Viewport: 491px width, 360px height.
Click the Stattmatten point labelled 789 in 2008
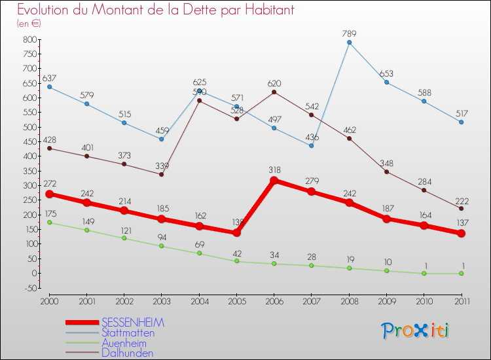[x=349, y=43]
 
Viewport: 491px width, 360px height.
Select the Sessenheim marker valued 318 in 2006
[x=274, y=180]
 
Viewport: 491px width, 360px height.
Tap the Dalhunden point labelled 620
[x=274, y=92]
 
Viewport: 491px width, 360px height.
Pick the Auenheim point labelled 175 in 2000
[x=49, y=223]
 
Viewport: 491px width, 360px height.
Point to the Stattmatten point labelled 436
[x=312, y=145]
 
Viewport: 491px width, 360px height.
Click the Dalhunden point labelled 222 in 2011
[x=461, y=208]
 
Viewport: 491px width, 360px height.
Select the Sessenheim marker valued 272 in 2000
[x=49, y=194]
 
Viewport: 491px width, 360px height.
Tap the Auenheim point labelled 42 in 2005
[x=236, y=261]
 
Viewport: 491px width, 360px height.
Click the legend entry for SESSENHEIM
[x=133, y=323]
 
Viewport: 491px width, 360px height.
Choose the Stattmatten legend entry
[x=128, y=333]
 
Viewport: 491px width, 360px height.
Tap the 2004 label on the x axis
[x=199, y=300]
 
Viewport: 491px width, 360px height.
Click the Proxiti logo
[x=415, y=331]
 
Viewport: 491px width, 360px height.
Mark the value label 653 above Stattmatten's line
[x=386, y=73]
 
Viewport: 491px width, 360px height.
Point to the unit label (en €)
[x=29, y=24]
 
